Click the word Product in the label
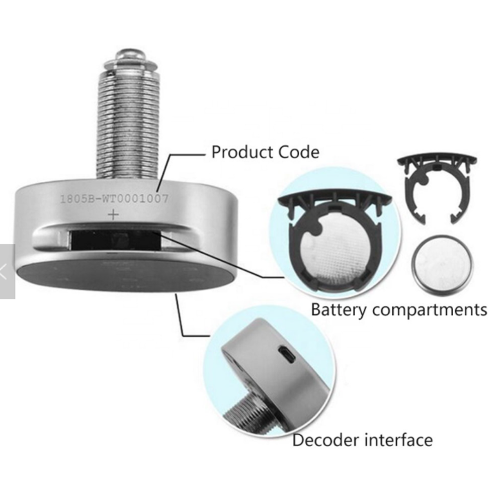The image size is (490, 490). (x=243, y=152)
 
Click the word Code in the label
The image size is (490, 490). (x=299, y=152)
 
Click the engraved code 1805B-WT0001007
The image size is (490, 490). (x=114, y=198)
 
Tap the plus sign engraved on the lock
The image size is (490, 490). (x=114, y=215)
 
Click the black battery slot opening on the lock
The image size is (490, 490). (x=116, y=240)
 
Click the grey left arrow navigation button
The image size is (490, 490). (x=7, y=272)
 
